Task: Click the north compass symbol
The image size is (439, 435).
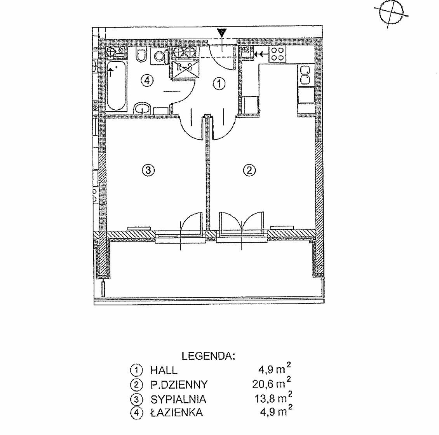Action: click(x=391, y=13)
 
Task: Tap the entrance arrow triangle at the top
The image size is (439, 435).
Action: click(x=222, y=33)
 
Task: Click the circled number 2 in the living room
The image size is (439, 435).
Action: click(x=249, y=170)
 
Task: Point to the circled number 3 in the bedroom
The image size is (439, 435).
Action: click(x=148, y=170)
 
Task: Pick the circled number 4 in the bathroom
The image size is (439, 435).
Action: click(x=147, y=81)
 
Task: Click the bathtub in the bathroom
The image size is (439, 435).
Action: click(x=116, y=86)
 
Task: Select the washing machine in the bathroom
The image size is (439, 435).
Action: click(x=159, y=55)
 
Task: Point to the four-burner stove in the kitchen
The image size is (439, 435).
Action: click(x=277, y=54)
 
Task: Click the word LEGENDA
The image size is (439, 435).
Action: click(x=208, y=356)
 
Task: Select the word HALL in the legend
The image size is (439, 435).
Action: click(x=164, y=370)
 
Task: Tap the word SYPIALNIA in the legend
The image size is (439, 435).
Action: click(x=178, y=399)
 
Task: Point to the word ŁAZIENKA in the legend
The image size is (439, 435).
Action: click(x=177, y=412)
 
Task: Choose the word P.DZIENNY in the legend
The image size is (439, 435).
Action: click(x=179, y=384)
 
